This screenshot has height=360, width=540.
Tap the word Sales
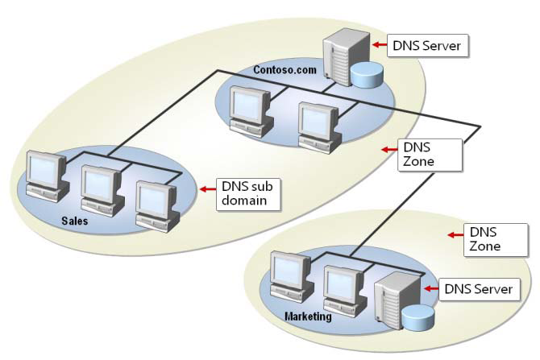[75, 219]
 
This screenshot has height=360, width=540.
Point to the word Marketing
[308, 317]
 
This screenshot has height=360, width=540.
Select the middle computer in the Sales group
[101, 190]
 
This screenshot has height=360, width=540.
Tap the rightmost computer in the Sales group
[156, 205]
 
